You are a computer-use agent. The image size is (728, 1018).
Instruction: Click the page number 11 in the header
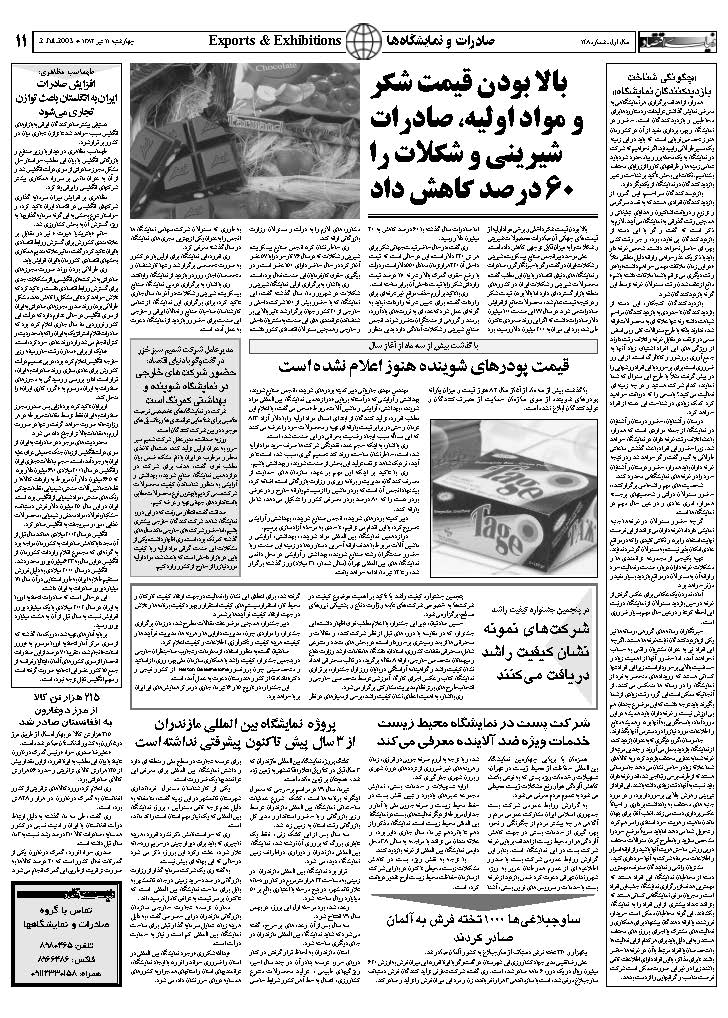tap(21, 42)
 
